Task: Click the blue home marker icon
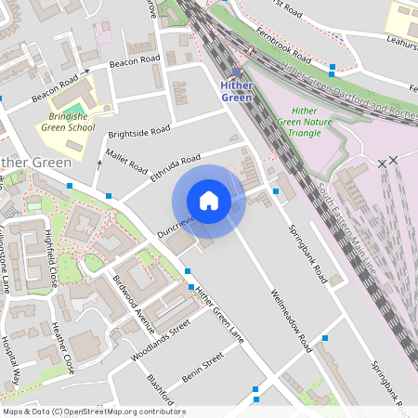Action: coord(209,201)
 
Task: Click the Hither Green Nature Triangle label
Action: coord(299,121)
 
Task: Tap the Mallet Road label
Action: coord(126,160)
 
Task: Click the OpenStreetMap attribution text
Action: coord(94,411)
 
